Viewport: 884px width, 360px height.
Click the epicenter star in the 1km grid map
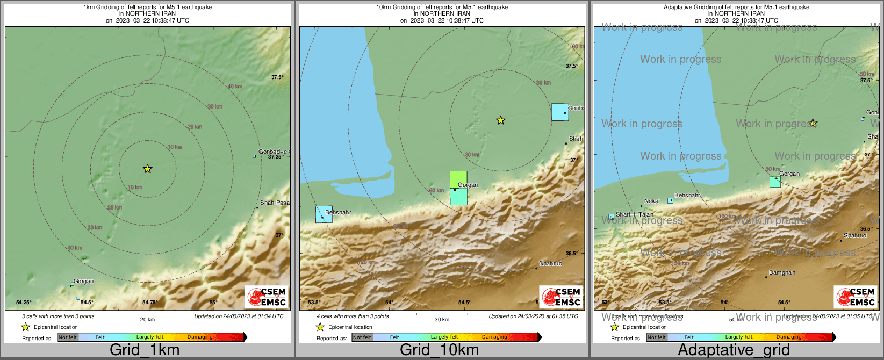pyautogui.click(x=148, y=169)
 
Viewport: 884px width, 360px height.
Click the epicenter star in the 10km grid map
pyautogui.click(x=500, y=120)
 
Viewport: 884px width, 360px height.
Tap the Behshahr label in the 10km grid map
pyautogui.click(x=338, y=212)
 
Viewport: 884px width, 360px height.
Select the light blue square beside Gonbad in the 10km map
pyautogui.click(x=559, y=112)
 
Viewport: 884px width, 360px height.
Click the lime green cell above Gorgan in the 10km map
pyautogui.click(x=458, y=179)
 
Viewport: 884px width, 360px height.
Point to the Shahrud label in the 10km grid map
pyautogui.click(x=550, y=263)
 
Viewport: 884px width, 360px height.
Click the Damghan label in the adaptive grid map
pyautogui.click(x=782, y=272)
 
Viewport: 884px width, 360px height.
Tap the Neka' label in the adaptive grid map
pyautogui.click(x=651, y=201)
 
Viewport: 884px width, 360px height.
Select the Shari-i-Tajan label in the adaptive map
pyautogui.click(x=635, y=214)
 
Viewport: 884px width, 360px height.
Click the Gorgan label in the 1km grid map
pyautogui.click(x=83, y=281)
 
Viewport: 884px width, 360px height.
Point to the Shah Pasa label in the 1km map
pyautogui.click(x=274, y=203)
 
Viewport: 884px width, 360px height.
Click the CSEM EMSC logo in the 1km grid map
pyautogui.click(x=267, y=297)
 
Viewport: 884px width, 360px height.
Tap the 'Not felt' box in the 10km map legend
pyautogui.click(x=362, y=337)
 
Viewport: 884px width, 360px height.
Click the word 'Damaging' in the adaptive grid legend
pyautogui.click(x=788, y=337)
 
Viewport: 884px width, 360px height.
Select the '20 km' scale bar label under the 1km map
pyautogui.click(x=147, y=319)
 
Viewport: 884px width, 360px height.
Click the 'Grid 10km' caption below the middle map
pyautogui.click(x=439, y=350)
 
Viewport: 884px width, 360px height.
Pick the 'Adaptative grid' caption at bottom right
pyautogui.click(x=734, y=350)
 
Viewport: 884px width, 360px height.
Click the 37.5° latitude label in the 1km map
pyautogui.click(x=277, y=77)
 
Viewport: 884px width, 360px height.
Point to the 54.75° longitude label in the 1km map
pyautogui.click(x=150, y=303)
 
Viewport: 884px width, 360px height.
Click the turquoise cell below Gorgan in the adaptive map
pyautogui.click(x=775, y=182)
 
